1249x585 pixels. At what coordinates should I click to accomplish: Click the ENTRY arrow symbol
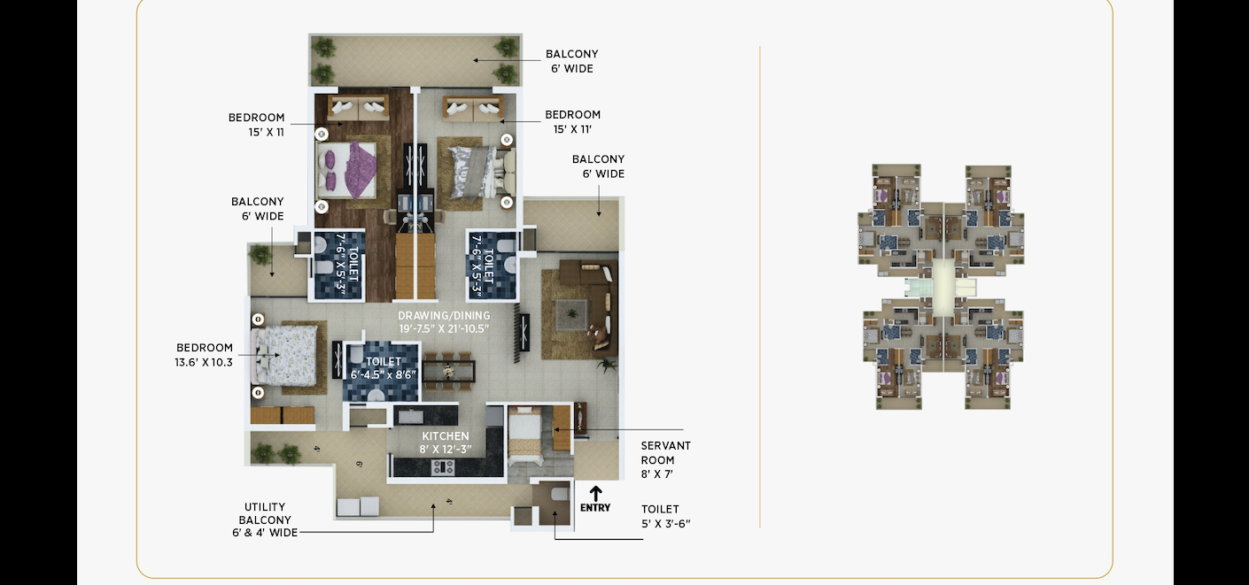(595, 494)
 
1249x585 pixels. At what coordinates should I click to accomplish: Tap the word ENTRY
(595, 507)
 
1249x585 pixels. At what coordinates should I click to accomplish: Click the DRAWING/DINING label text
(444, 315)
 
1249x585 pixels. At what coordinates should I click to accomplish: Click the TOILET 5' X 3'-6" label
(666, 517)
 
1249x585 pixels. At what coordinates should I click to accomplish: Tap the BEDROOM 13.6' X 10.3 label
(204, 355)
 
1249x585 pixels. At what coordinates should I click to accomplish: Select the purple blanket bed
(346, 170)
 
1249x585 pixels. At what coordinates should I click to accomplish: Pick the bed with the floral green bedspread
(285, 355)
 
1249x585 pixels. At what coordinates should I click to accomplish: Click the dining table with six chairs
(448, 371)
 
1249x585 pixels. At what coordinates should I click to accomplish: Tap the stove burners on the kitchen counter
(443, 467)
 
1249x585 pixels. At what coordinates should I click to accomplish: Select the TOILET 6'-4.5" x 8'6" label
(384, 368)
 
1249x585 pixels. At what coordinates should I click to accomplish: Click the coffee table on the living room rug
(571, 313)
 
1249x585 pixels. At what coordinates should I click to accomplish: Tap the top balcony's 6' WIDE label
(572, 68)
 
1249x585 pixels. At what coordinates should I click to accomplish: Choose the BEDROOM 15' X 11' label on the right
(572, 122)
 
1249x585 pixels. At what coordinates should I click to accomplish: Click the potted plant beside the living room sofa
(607, 366)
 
